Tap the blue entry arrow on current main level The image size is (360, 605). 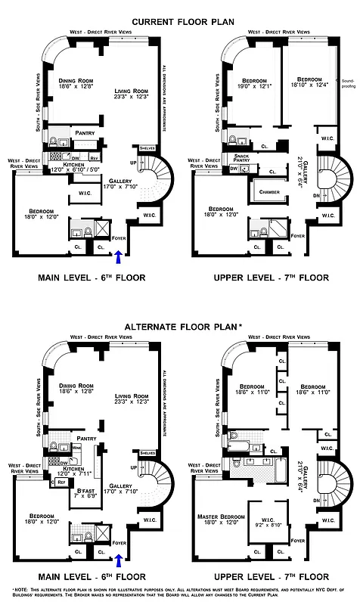click(x=117, y=259)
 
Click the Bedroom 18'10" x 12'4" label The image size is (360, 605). click(x=309, y=82)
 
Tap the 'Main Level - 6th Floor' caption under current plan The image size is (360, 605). click(x=91, y=278)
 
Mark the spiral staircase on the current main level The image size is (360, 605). click(x=157, y=178)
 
